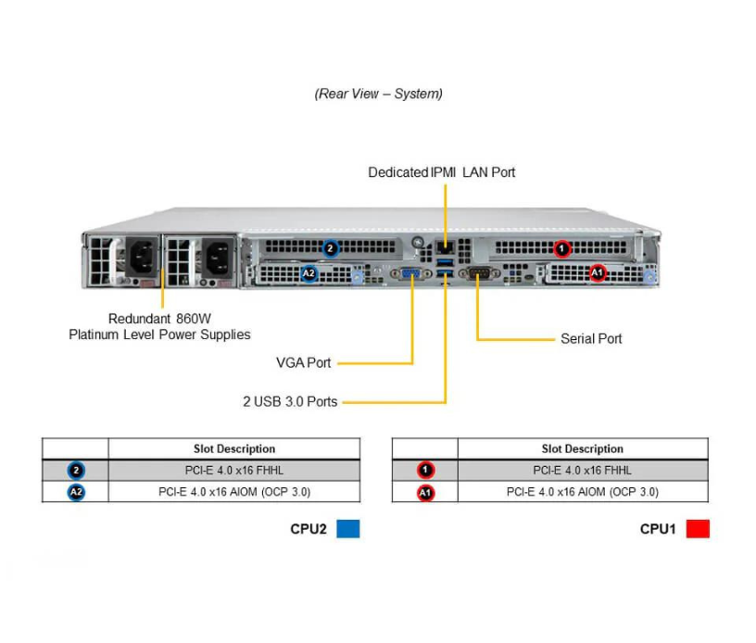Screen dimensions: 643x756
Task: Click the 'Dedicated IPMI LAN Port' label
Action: click(x=441, y=172)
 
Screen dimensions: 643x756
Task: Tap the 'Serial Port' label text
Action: click(x=591, y=339)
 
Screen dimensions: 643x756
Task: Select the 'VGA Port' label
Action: click(x=304, y=362)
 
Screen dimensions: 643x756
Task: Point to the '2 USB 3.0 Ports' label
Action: click(x=290, y=402)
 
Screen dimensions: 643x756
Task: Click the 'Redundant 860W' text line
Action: click(x=159, y=317)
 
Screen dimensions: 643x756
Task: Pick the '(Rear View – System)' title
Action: click(x=378, y=94)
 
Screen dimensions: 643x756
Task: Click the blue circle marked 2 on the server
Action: click(x=331, y=248)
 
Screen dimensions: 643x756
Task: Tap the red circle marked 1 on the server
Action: click(x=561, y=248)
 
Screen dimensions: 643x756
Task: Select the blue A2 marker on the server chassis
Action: click(x=309, y=273)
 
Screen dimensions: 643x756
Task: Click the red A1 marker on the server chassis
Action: click(x=598, y=273)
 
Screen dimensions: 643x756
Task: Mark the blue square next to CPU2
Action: click(x=348, y=529)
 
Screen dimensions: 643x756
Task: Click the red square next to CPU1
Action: click(x=698, y=529)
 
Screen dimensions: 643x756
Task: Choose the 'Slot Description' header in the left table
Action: click(x=233, y=448)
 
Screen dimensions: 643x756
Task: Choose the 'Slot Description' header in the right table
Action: click(x=582, y=448)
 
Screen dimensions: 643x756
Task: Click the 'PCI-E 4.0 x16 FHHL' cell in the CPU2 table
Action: click(x=233, y=471)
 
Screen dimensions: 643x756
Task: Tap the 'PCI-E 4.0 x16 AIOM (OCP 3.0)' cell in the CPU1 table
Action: click(x=582, y=492)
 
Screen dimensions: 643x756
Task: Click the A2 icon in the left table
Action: click(x=76, y=492)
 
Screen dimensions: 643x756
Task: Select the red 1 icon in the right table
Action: click(x=424, y=471)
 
